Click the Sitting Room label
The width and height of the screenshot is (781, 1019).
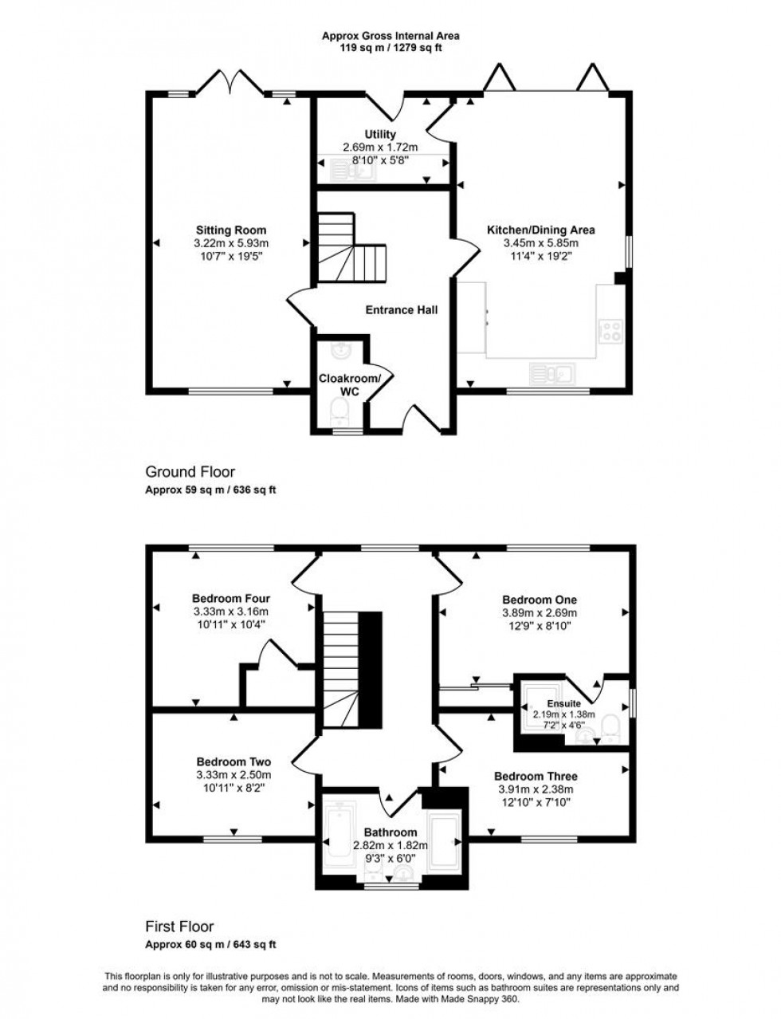point(230,230)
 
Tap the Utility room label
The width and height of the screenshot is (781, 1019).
point(380,135)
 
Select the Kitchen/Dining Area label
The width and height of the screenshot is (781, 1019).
point(540,230)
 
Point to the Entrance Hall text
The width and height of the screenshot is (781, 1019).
point(401,310)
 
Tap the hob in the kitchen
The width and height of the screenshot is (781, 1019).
point(612,330)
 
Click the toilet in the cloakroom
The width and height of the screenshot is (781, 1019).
point(339,411)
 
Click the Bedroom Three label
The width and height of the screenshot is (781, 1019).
point(536,776)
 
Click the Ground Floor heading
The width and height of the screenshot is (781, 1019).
point(190,472)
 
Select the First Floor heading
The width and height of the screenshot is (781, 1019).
point(179,927)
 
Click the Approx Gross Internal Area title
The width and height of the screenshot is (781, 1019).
point(390,35)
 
